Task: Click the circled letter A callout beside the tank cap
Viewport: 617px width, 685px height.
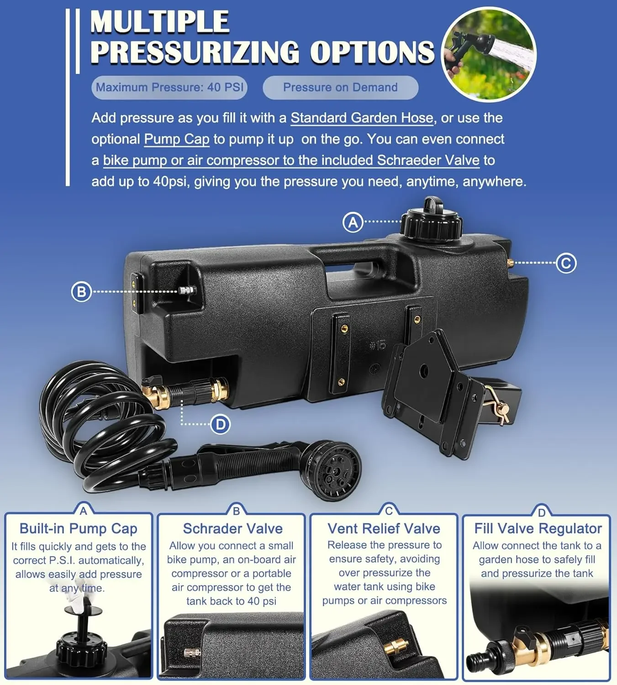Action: (x=353, y=222)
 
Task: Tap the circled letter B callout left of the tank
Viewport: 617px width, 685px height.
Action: (x=81, y=292)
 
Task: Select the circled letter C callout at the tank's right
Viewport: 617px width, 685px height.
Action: (x=566, y=263)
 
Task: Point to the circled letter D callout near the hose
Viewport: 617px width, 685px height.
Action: (x=220, y=424)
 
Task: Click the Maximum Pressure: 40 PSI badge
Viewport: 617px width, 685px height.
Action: (x=169, y=87)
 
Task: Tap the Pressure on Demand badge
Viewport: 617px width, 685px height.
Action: (x=340, y=87)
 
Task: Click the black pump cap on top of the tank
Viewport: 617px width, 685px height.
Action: (x=432, y=220)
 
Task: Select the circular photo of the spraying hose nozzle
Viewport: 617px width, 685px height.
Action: (x=489, y=55)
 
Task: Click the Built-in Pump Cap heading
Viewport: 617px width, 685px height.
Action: (x=79, y=528)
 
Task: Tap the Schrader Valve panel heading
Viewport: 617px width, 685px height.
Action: (x=232, y=528)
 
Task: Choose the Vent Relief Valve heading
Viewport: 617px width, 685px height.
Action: (x=384, y=528)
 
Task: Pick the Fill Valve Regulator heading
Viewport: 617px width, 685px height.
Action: (x=538, y=528)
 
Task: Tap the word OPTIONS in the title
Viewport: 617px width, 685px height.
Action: (x=372, y=52)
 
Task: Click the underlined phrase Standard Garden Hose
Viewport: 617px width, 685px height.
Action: (x=362, y=118)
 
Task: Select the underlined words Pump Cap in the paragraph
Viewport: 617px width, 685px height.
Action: (x=177, y=139)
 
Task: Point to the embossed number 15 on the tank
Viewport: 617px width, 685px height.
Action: (x=378, y=346)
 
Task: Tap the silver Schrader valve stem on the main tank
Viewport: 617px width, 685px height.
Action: (x=187, y=290)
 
